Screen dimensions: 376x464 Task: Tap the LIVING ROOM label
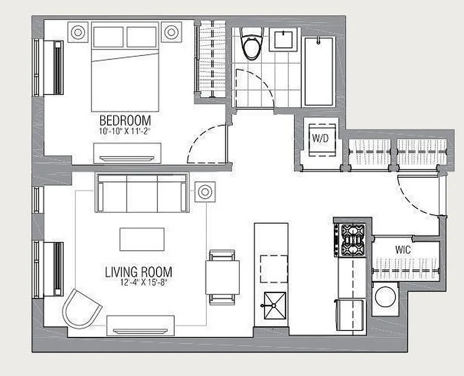click(138, 272)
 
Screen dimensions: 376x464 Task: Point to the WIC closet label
click(403, 250)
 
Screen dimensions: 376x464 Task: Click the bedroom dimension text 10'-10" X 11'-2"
click(125, 131)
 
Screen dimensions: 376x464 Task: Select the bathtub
click(320, 71)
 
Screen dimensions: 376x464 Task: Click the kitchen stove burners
click(352, 240)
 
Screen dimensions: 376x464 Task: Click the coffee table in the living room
click(142, 239)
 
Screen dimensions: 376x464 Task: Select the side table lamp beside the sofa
click(204, 191)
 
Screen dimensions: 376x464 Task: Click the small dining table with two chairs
click(221, 277)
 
